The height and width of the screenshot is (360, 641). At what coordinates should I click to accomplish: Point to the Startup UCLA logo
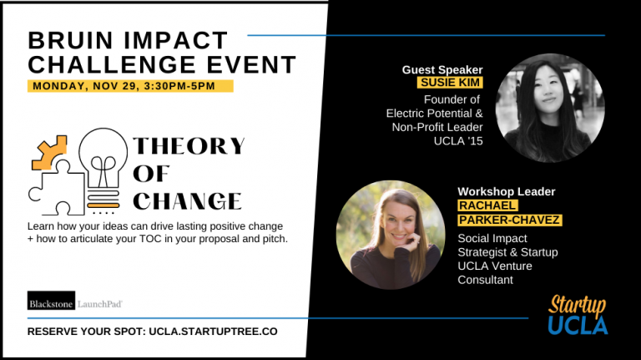click(x=578, y=315)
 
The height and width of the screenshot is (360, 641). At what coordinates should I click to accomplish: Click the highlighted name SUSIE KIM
click(x=449, y=84)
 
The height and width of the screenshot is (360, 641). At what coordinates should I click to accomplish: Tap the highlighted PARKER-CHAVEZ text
click(x=509, y=220)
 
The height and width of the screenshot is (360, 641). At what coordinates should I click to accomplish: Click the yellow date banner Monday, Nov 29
click(x=130, y=85)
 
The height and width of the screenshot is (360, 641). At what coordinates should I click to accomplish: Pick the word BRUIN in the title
click(x=67, y=40)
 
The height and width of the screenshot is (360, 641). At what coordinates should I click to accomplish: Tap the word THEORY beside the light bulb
click(x=189, y=146)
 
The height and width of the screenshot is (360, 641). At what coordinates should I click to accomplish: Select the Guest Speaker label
click(x=442, y=69)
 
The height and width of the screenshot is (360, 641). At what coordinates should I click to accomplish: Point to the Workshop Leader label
click(x=506, y=191)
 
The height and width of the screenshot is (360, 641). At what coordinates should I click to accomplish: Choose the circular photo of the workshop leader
click(x=390, y=235)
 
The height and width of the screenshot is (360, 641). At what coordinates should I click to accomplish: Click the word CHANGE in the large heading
click(x=187, y=200)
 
